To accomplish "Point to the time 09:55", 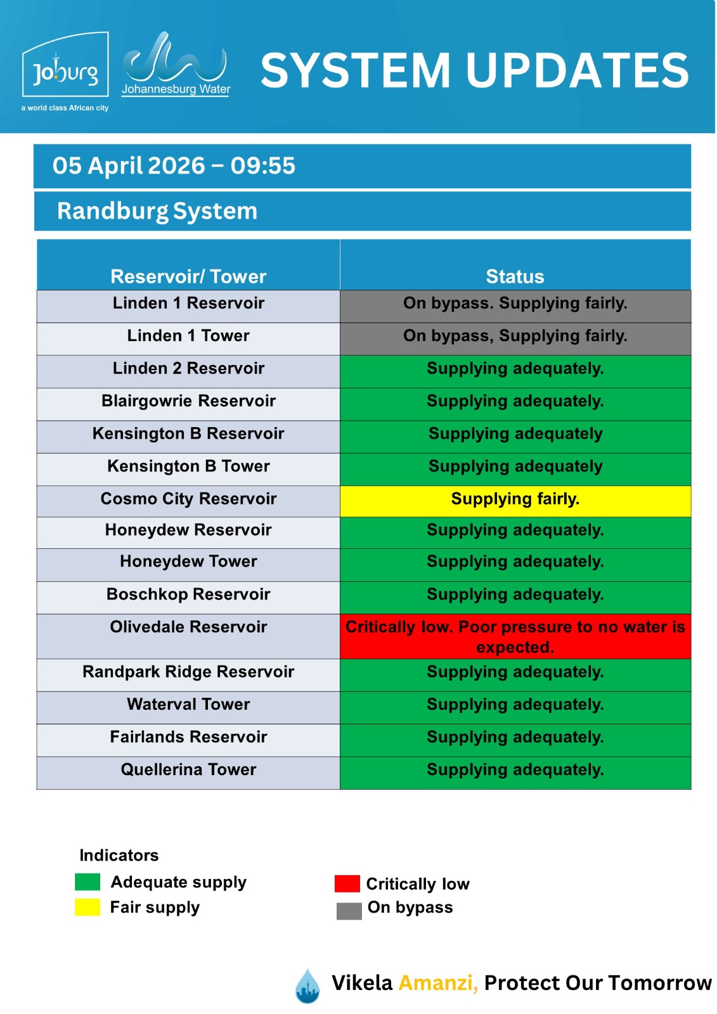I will click(262, 166).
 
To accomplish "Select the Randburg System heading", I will click(157, 211).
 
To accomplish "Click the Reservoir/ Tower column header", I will click(188, 276).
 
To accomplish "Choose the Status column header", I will click(515, 276).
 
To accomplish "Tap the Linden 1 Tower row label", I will click(188, 336).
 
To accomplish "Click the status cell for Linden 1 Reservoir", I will click(515, 304).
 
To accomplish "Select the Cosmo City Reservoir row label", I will click(188, 499).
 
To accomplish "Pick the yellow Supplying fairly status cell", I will click(515, 499).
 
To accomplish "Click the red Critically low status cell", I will click(515, 636).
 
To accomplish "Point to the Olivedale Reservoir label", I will click(188, 627).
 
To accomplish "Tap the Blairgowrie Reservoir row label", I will click(188, 401).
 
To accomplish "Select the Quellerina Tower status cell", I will click(515, 770).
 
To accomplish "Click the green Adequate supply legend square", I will click(87, 882).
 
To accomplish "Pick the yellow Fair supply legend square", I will click(87, 907).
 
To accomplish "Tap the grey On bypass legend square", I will click(349, 911).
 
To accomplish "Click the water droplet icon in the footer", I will click(308, 986).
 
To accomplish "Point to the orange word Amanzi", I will click(437, 983).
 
